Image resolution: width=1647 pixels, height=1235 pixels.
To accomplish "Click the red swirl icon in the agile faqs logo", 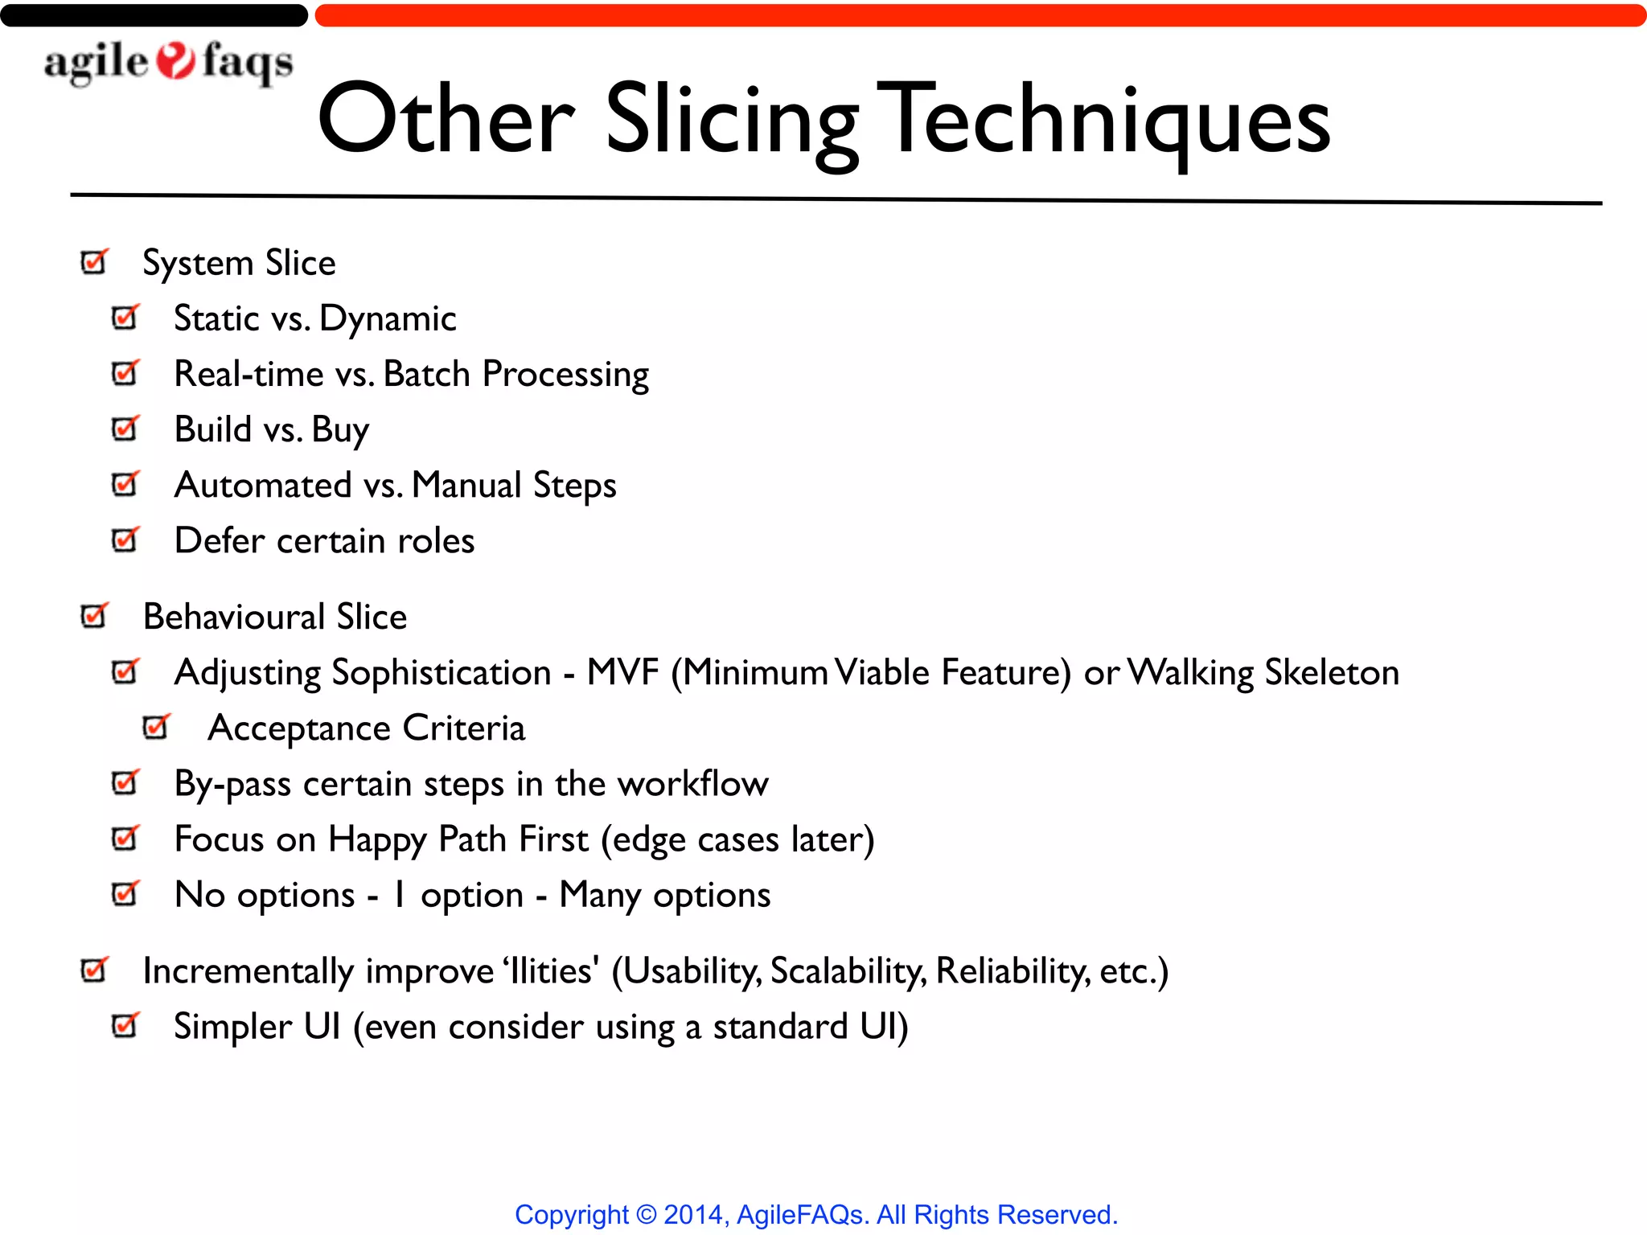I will (175, 61).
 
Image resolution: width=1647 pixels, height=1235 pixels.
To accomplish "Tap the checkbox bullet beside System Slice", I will (94, 261).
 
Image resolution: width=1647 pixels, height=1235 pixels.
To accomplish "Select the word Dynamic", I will (388, 319).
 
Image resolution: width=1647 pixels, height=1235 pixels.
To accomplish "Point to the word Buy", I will (340, 430).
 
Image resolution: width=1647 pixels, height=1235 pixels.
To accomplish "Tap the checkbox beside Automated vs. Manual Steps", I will (125, 484).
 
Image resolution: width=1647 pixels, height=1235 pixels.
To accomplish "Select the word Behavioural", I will (234, 617).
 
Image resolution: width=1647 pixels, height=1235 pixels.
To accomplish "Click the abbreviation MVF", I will (622, 672).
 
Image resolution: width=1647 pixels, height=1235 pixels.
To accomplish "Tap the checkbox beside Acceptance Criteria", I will (156, 727).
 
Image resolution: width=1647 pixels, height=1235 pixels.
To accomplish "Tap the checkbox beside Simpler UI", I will (125, 1025).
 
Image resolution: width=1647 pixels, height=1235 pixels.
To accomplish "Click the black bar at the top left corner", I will (153, 15).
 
